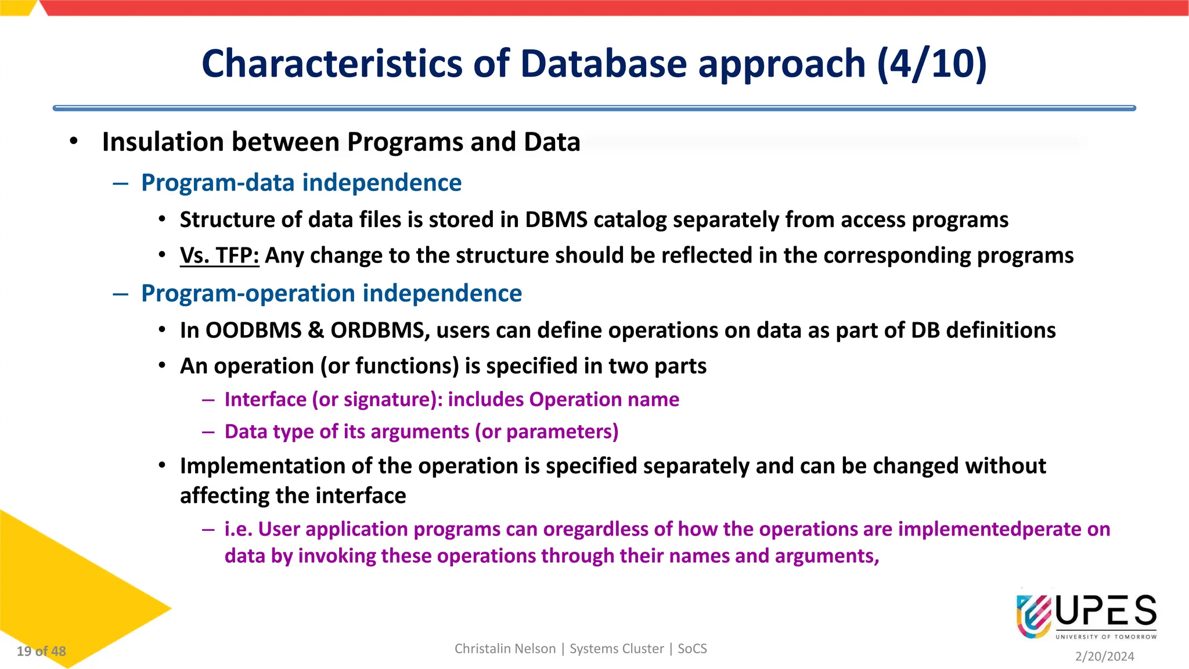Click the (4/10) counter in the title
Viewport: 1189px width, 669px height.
[x=931, y=64]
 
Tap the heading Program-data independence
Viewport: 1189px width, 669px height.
[x=301, y=183]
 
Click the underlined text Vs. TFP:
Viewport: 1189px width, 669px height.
[x=219, y=256]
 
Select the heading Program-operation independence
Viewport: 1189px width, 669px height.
[x=332, y=293]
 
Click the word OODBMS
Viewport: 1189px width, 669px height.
[x=254, y=330]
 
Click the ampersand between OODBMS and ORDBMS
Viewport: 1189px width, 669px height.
[x=316, y=330]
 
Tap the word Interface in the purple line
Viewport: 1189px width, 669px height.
[x=265, y=400]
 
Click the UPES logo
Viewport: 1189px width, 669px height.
[x=1086, y=616]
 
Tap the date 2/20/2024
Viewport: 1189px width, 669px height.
[x=1104, y=656]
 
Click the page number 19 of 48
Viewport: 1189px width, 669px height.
[x=41, y=652]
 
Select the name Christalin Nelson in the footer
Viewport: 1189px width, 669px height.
[x=505, y=649]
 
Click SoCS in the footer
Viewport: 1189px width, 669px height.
[x=692, y=649]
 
